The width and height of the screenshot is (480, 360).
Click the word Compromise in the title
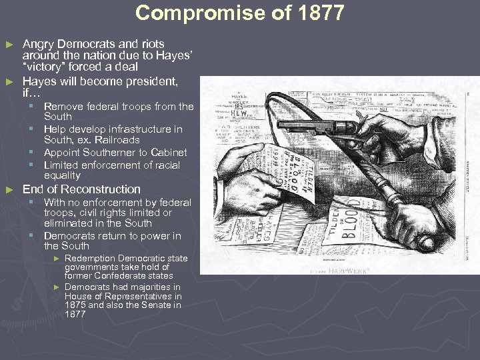coord(189,13)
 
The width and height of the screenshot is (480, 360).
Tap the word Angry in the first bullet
coord(38,44)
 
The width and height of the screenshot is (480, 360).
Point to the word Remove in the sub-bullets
coord(63,107)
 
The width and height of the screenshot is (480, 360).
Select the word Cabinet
coord(169,153)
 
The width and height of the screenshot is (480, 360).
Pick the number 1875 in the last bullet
coord(76,305)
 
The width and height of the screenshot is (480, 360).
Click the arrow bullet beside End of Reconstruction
coord(9,190)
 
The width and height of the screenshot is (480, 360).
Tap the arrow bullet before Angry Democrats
coord(9,45)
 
